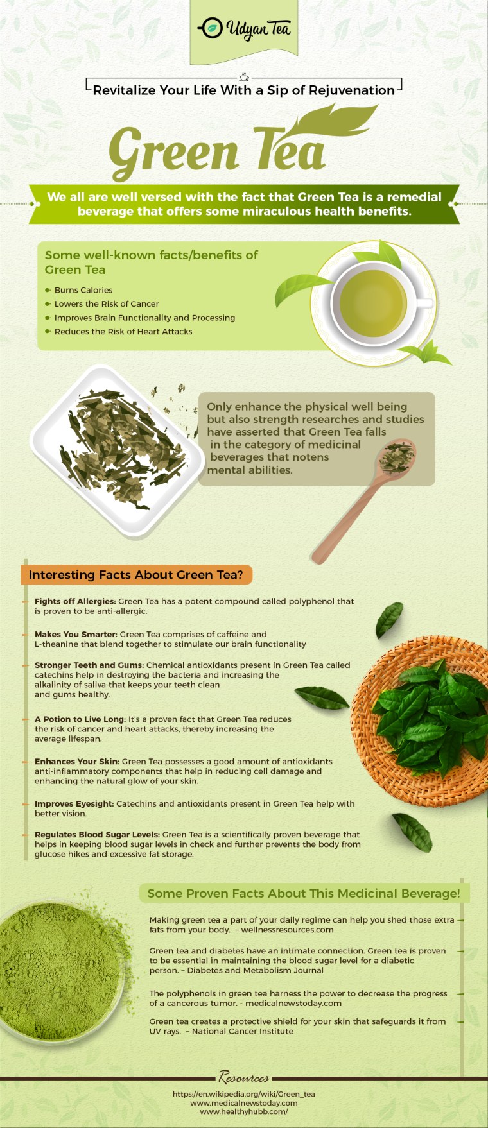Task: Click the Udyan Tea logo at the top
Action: pyautogui.click(x=243, y=29)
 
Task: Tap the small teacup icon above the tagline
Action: pyautogui.click(x=243, y=76)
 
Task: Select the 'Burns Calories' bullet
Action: pyautogui.click(x=83, y=290)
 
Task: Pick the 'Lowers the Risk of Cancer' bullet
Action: pyautogui.click(x=106, y=304)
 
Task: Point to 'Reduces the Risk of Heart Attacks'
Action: pyautogui.click(x=123, y=332)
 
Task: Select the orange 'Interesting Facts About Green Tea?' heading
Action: pyautogui.click(x=135, y=575)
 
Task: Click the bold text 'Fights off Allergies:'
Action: pyautogui.click(x=75, y=601)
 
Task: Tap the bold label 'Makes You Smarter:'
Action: pyautogui.click(x=76, y=634)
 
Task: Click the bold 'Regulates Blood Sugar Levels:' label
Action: pyautogui.click(x=97, y=835)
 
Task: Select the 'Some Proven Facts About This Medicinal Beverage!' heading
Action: pyautogui.click(x=303, y=893)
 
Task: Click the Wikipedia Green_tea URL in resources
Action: pyautogui.click(x=243, y=1094)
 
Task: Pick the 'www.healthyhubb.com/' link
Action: pyautogui.click(x=243, y=1111)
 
